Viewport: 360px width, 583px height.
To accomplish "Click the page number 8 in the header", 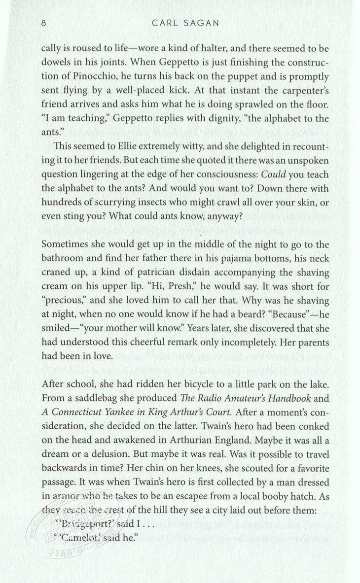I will (x=44, y=23).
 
